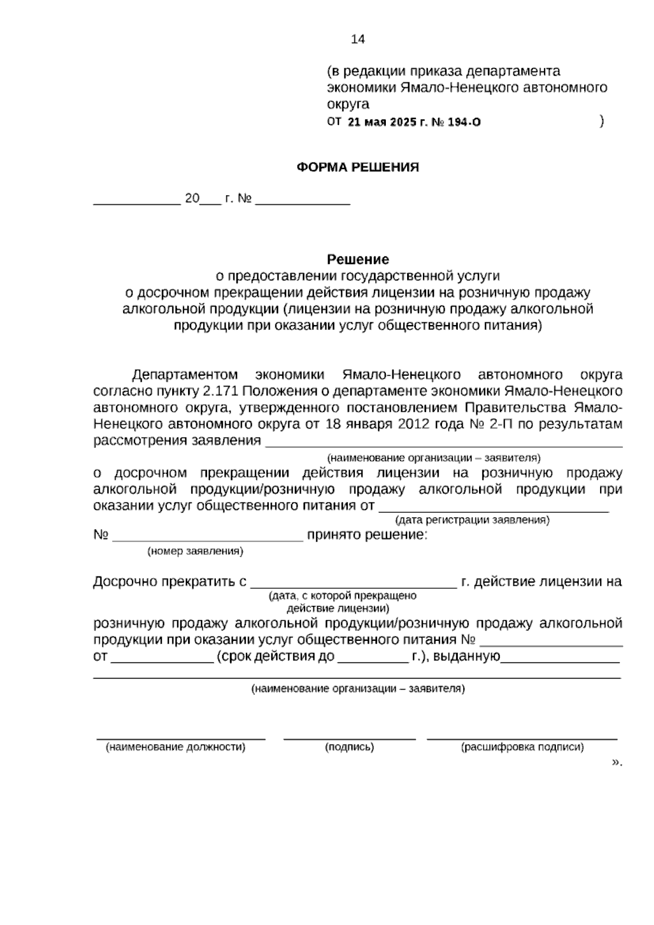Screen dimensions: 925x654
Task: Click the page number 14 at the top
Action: pos(358,39)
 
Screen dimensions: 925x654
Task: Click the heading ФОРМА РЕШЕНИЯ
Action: pos(358,167)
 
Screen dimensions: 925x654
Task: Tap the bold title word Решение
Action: pos(358,259)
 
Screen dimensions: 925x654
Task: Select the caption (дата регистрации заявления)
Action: pos(472,520)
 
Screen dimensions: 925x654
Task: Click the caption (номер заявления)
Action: pos(195,551)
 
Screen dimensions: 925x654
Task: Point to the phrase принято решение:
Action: pos(367,534)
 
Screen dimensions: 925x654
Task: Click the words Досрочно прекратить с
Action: pos(170,581)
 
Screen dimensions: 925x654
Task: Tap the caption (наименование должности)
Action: pos(175,747)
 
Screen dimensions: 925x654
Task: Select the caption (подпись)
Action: pos(349,747)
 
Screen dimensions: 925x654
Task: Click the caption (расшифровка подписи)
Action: pos(522,747)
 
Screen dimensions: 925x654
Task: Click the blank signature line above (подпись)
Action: pos(349,738)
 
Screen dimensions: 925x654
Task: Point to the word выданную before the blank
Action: pos(464,656)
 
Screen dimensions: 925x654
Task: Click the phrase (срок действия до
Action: pos(275,656)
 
